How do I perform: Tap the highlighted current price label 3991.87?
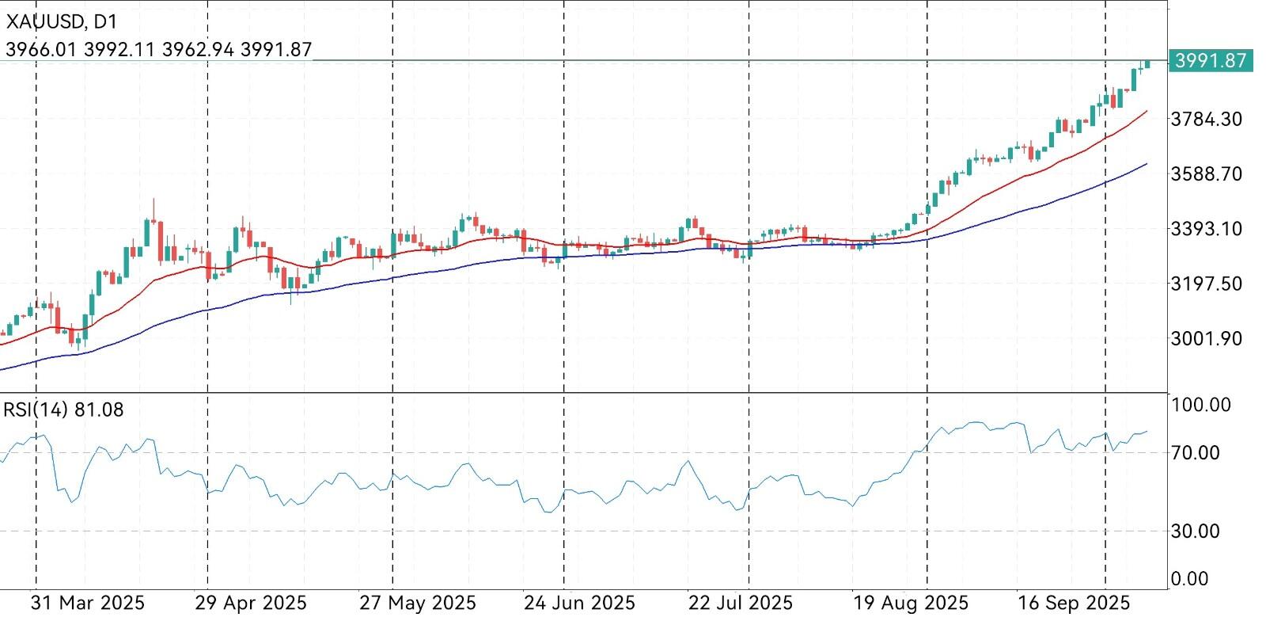[x=1211, y=60]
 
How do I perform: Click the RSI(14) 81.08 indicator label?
[x=64, y=409]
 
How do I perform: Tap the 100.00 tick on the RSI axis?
[x=1201, y=405]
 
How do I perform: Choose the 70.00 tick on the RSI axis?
[x=1196, y=453]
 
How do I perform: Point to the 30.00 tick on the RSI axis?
[x=1196, y=531]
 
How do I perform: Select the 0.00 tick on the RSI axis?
[x=1190, y=579]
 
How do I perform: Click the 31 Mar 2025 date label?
[x=87, y=603]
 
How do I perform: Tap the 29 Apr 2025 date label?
[x=251, y=603]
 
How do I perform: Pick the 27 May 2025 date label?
[x=417, y=603]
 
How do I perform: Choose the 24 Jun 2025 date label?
[x=579, y=603]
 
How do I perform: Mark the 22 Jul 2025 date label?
[x=741, y=603]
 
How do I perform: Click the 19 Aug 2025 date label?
[x=911, y=603]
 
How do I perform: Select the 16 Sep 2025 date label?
[x=1074, y=603]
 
